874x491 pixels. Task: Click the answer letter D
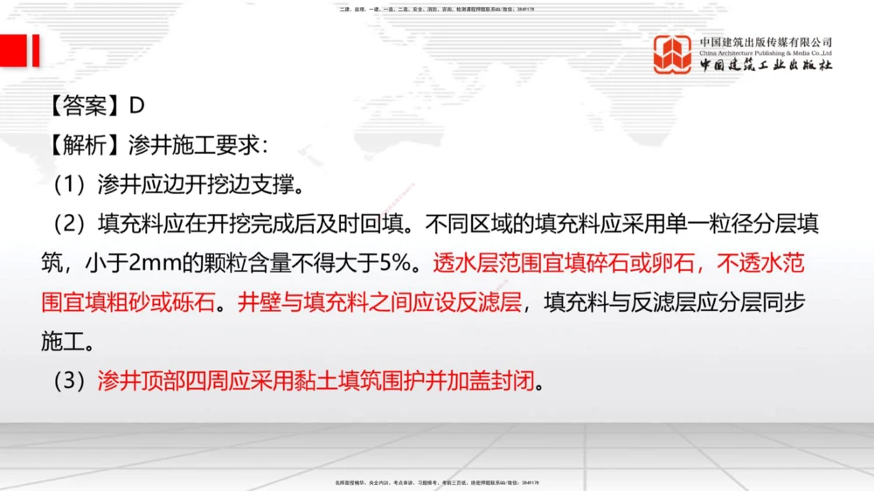[136, 105]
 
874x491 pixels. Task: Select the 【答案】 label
[84, 105]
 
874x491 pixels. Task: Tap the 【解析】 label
[84, 145]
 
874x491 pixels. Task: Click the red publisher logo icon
[673, 54]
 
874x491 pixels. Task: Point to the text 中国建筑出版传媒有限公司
[766, 42]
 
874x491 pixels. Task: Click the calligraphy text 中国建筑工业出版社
[766, 66]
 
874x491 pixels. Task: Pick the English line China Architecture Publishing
[766, 53]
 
